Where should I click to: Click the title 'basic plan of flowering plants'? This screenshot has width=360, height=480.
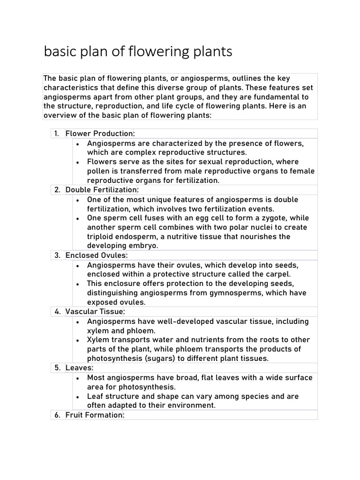(x=138, y=52)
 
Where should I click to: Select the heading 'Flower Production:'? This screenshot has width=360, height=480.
(x=100, y=134)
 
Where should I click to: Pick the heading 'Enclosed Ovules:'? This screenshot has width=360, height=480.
(x=97, y=255)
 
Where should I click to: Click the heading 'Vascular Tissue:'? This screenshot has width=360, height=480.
(x=95, y=312)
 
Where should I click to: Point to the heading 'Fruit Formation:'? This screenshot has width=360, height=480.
(x=95, y=415)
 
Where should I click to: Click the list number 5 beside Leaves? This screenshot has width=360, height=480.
(x=57, y=368)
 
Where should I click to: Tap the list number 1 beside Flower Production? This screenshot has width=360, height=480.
(x=56, y=134)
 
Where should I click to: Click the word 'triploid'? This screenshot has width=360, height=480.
(x=100, y=237)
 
